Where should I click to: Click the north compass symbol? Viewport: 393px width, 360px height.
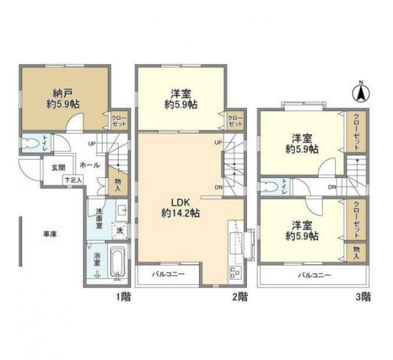360,93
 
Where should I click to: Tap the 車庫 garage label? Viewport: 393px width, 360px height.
51,234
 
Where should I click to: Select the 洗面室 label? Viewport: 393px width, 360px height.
99,220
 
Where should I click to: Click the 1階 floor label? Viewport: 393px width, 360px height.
122,298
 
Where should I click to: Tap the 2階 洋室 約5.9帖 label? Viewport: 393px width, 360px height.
181,99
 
